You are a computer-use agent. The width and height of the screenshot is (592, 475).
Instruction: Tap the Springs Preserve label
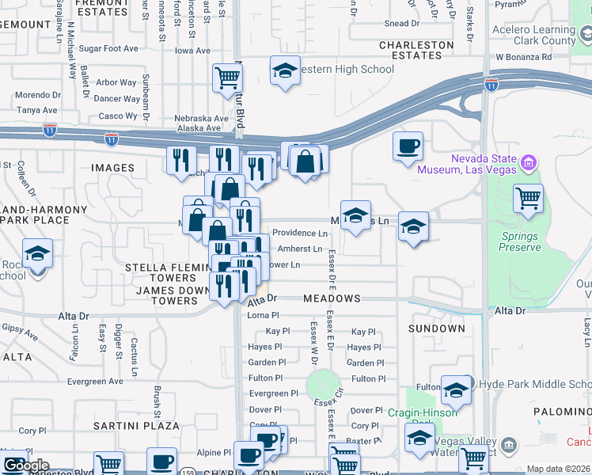(519, 241)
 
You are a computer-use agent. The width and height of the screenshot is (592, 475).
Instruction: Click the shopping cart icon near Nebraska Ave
(227, 78)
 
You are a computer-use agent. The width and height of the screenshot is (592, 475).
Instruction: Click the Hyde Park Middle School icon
(456, 390)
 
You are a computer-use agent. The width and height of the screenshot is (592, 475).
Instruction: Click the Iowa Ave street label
(192, 51)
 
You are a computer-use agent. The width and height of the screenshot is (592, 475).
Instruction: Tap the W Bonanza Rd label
(534, 58)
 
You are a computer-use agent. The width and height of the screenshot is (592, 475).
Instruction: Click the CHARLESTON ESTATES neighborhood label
(421, 51)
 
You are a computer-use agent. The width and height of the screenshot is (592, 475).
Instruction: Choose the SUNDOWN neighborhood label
(436, 328)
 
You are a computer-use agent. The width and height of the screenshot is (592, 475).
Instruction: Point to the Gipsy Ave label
(19, 331)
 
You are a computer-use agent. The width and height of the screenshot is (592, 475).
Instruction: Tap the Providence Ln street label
(300, 234)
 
